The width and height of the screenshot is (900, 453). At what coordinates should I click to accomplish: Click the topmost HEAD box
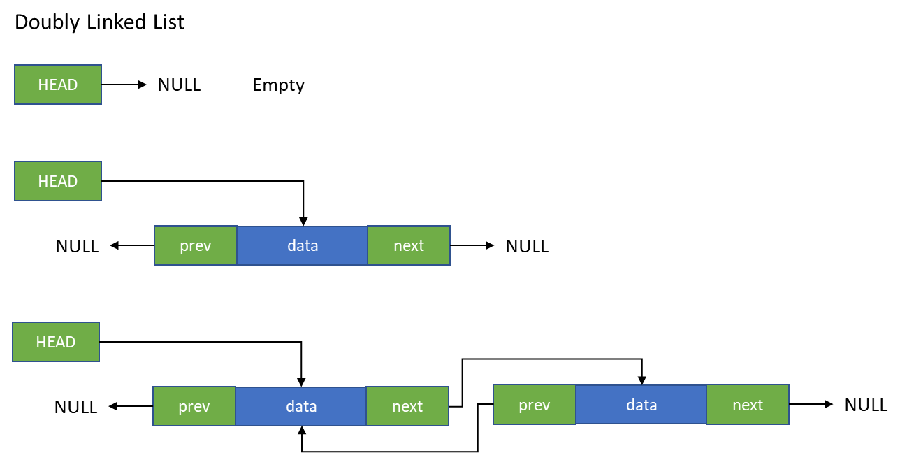click(58, 85)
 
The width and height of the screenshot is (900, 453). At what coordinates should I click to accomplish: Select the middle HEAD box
click(58, 181)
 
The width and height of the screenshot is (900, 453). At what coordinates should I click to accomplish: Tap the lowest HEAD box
click(56, 342)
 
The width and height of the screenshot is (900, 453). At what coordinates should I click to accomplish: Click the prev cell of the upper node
click(196, 245)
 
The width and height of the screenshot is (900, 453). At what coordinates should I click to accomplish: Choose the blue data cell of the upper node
click(302, 245)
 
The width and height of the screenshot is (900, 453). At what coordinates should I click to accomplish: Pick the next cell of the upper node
click(409, 245)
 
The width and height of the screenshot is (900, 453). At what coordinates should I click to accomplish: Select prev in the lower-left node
click(194, 406)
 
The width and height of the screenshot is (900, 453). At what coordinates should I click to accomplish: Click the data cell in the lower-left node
click(300, 406)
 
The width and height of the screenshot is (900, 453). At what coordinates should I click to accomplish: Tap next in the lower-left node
click(407, 406)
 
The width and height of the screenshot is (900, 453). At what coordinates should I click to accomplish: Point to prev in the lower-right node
click(535, 405)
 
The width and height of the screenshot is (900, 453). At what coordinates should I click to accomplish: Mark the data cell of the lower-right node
click(641, 405)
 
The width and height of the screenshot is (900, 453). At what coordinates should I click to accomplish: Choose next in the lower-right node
click(748, 405)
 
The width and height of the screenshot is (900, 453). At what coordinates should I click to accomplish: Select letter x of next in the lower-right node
click(753, 405)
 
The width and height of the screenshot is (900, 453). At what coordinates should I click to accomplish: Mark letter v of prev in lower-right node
click(546, 405)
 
